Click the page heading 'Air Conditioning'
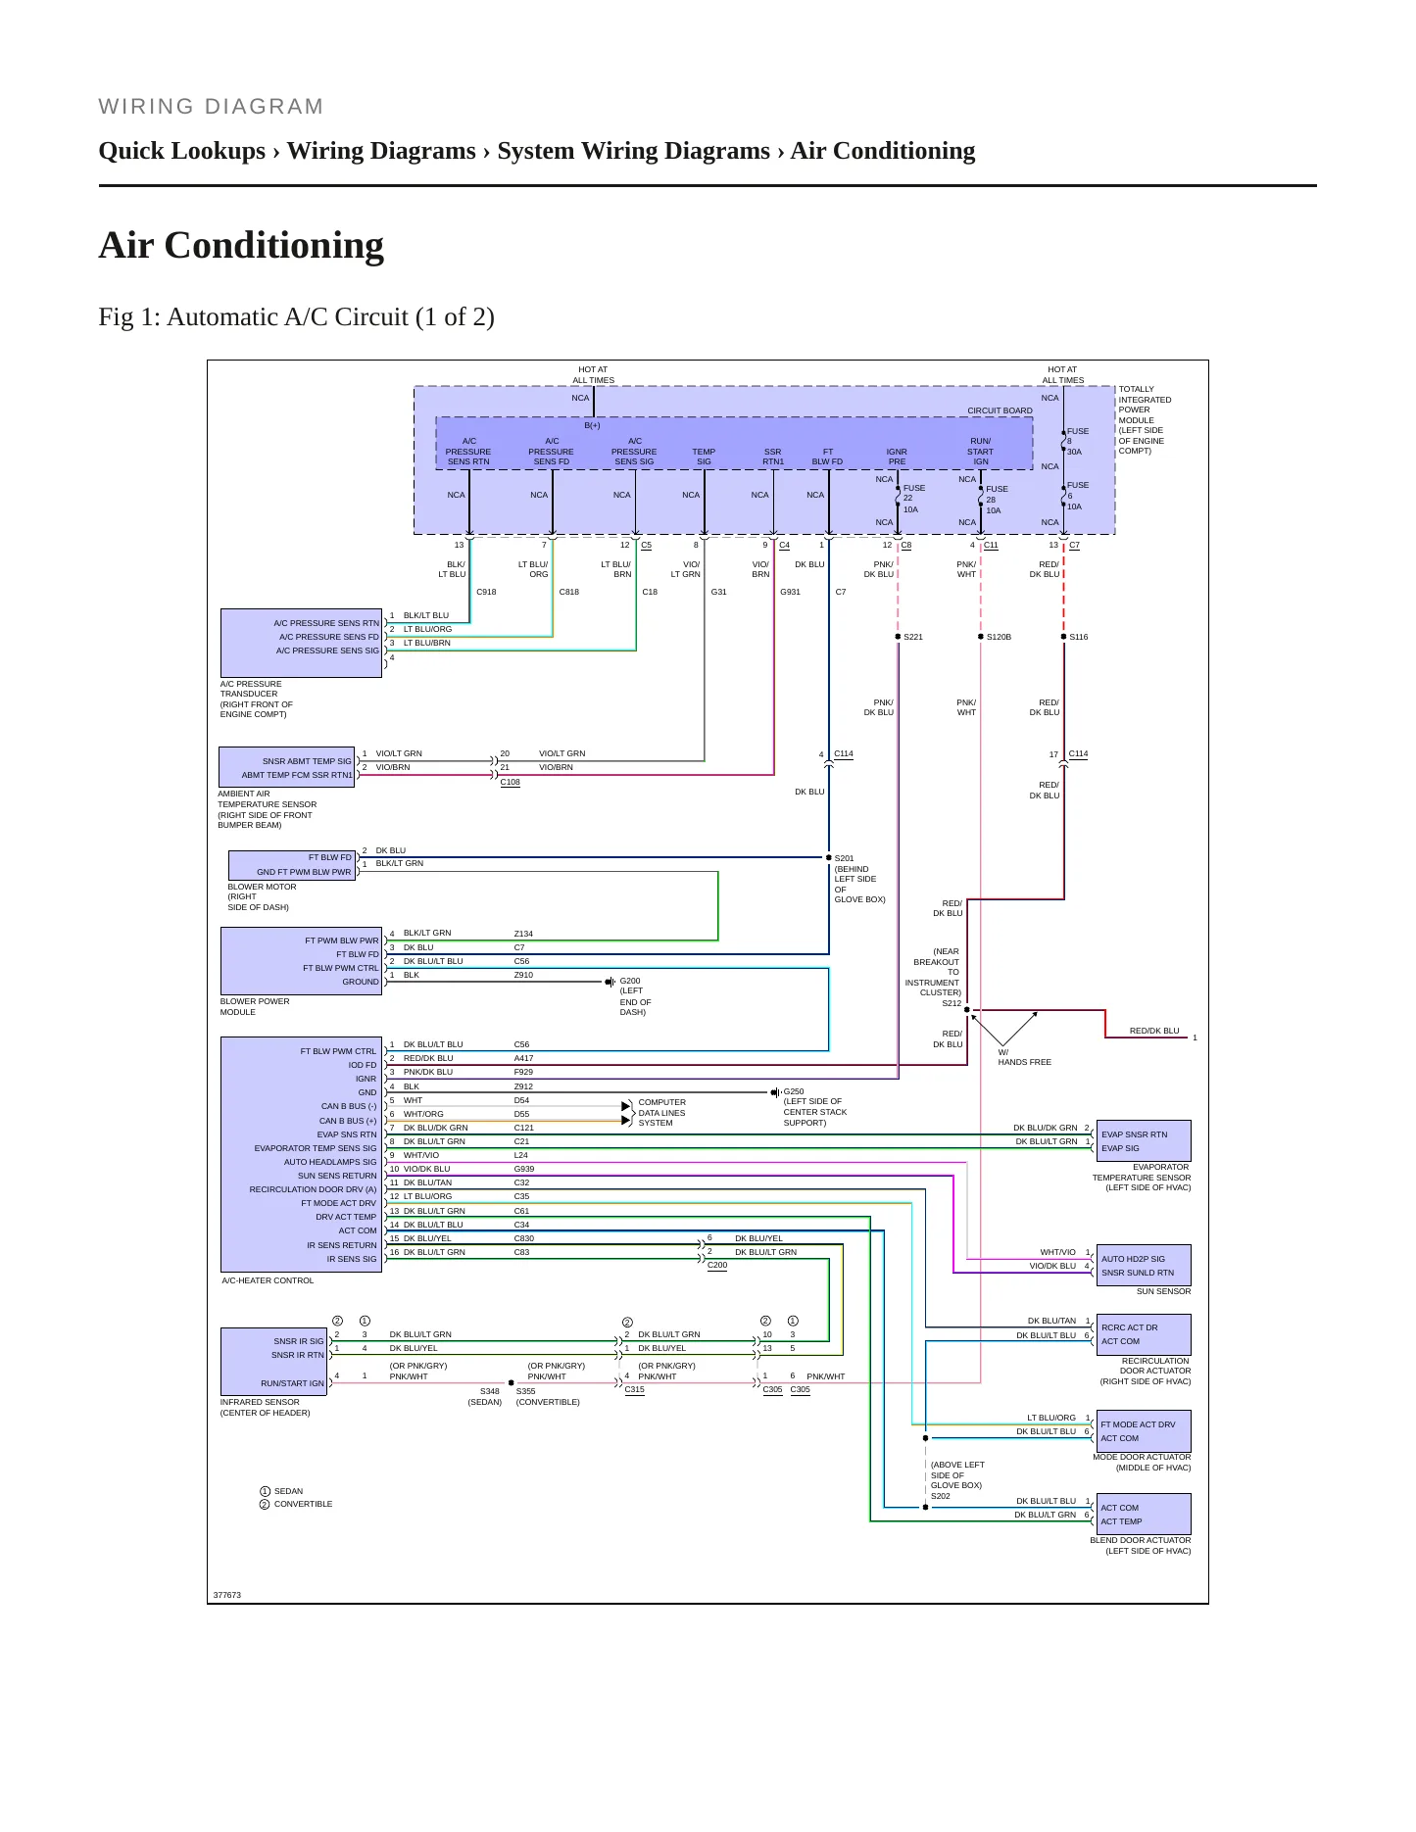tap(241, 245)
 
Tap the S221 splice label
tap(913, 637)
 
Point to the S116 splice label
tap(1078, 637)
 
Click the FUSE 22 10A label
tap(913, 499)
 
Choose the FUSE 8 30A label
tap(1077, 442)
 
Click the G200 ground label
tap(630, 981)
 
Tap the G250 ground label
tap(794, 1091)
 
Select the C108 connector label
tap(510, 782)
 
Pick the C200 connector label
tap(717, 1265)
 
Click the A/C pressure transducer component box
tap(301, 643)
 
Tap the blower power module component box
tap(302, 961)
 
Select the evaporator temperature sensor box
tap(1144, 1141)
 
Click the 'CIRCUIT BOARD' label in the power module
tap(1000, 411)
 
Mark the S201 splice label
tap(844, 858)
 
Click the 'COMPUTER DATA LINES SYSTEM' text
tap(662, 1113)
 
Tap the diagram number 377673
tap(226, 1595)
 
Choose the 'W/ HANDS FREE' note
tap(1024, 1057)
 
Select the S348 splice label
tap(489, 1391)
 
